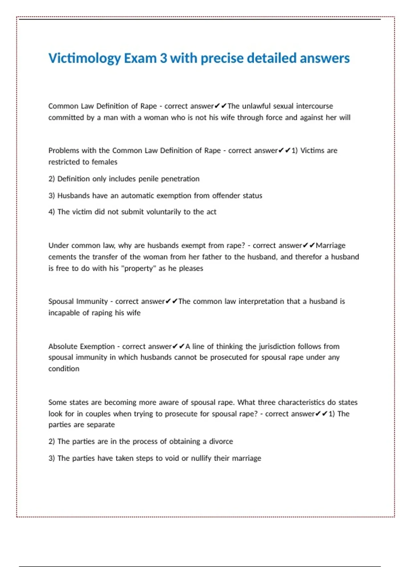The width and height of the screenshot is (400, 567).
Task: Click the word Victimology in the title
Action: tap(85, 58)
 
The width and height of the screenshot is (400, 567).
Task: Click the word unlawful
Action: tap(256, 106)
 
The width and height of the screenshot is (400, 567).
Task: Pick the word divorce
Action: tap(221, 442)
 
